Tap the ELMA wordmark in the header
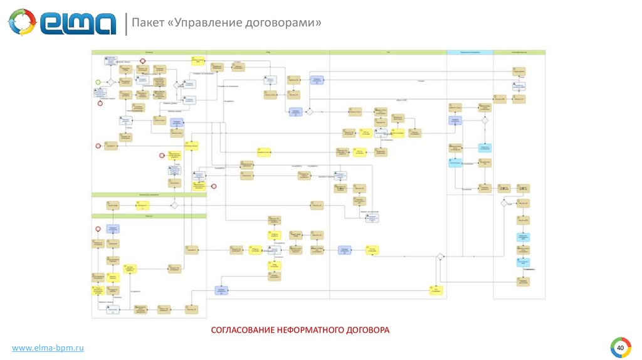(x=78, y=23)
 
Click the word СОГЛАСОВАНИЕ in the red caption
(x=242, y=329)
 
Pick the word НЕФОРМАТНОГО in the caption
(x=310, y=329)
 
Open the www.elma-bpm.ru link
(x=48, y=347)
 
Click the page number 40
(x=620, y=347)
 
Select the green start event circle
(x=98, y=82)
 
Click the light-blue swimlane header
(x=470, y=53)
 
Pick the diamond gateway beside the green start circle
(x=110, y=82)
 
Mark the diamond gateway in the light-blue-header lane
(x=484, y=120)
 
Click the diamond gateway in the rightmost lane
(x=503, y=203)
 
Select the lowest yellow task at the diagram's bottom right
(x=436, y=290)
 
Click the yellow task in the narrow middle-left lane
(x=143, y=204)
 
